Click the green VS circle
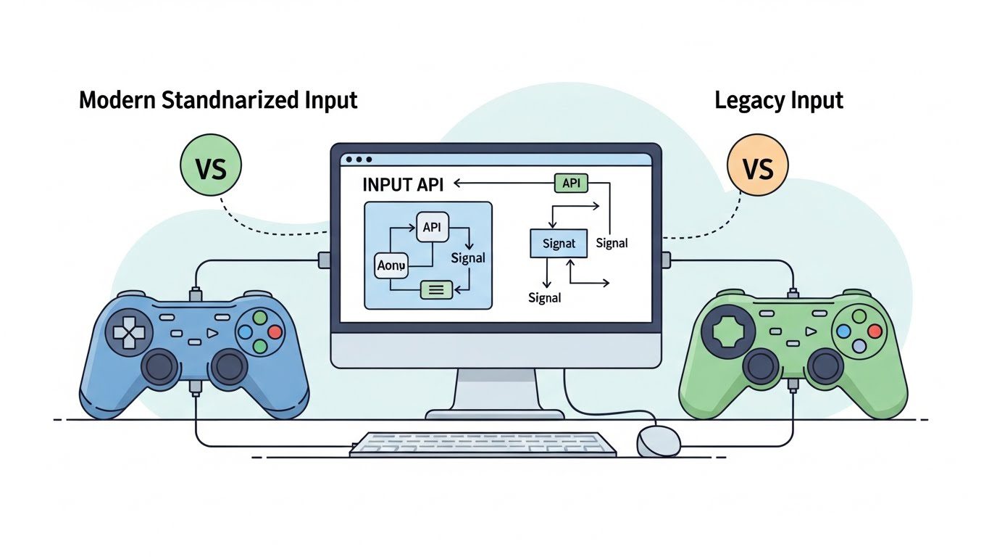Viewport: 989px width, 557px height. coord(210,167)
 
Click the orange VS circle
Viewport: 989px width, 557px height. coord(758,167)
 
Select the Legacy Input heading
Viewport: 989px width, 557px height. coord(779,100)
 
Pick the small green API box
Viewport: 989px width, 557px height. coord(571,183)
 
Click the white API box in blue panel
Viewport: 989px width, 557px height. coord(431,228)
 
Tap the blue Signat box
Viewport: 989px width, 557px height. coord(559,243)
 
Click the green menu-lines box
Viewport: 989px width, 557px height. coord(436,289)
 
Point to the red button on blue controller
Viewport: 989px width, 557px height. coord(275,331)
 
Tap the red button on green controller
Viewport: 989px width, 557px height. coord(875,331)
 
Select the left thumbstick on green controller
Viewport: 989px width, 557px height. coord(761,366)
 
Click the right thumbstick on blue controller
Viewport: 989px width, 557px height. coord(228,366)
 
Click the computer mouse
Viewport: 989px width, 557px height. coord(657,440)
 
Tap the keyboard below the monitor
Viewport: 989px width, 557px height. coord(482,444)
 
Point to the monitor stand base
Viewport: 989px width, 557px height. coord(494,414)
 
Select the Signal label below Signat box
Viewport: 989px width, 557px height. coord(545,297)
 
